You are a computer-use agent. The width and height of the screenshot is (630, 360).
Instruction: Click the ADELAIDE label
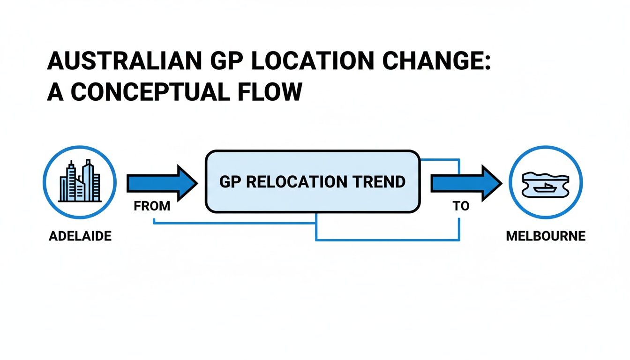[80, 236]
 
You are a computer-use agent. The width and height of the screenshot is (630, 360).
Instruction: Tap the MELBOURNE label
[546, 236]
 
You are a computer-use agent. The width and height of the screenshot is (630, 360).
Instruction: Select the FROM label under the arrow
[152, 207]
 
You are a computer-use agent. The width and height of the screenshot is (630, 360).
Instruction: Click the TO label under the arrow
[461, 207]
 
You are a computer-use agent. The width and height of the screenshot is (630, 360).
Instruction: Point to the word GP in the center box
[231, 182]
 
